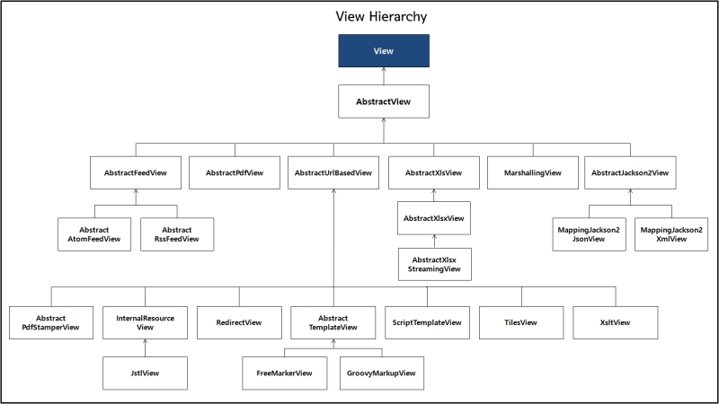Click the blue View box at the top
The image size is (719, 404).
(384, 51)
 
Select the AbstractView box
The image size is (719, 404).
(384, 101)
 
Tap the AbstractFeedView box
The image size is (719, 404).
(136, 172)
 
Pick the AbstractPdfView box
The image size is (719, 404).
(235, 172)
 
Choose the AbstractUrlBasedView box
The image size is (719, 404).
(333, 172)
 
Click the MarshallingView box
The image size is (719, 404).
(533, 172)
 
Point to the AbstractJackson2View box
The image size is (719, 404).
(630, 172)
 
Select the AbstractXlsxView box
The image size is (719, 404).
(434, 218)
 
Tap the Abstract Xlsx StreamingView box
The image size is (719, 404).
(435, 264)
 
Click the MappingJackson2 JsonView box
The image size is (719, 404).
(590, 234)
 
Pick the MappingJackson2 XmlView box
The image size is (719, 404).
(671, 234)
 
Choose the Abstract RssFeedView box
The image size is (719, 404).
(177, 234)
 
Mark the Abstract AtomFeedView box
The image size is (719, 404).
(94, 234)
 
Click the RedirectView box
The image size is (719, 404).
(239, 322)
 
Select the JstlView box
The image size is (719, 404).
(145, 373)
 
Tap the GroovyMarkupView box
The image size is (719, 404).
(382, 373)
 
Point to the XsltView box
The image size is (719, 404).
(616, 322)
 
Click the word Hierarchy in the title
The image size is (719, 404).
(398, 17)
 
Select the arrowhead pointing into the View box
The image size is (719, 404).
(384, 70)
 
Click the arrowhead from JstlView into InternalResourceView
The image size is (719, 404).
(146, 342)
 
